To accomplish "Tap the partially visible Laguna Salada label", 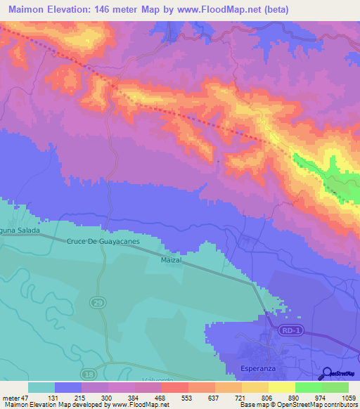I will tap(15, 231).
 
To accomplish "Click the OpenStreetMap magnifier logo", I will tap(327, 374).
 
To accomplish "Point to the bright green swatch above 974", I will tap(308, 387).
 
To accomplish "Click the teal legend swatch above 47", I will tap(41, 387).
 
